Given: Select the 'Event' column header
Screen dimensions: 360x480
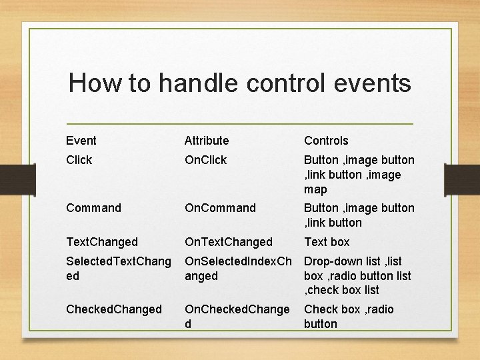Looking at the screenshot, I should coord(81,141).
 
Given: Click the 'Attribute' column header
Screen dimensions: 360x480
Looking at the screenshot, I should coord(207,141).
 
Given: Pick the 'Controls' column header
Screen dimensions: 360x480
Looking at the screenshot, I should coord(326,141).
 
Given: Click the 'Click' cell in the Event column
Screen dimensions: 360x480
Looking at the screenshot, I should coord(79,160).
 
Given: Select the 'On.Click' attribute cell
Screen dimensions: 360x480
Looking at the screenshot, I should coord(206,160).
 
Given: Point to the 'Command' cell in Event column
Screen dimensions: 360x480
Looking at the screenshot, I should coord(94,208).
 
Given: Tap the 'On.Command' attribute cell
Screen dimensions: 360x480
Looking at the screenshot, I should coord(221,208).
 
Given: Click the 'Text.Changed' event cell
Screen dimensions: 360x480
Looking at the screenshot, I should coord(102,242).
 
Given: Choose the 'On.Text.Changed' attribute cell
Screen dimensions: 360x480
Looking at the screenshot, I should coord(229,242).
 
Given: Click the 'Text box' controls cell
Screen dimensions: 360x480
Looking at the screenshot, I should coord(327,242).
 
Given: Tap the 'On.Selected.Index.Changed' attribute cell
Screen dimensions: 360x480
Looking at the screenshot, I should coord(237,269).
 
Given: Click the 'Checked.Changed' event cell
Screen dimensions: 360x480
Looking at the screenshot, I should coord(114,309).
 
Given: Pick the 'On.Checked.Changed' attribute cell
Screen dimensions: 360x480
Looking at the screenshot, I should coord(237,316).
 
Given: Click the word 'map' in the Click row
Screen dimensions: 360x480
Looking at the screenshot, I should coord(315,189).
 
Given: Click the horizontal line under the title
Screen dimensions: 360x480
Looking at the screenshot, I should coord(240,124).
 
